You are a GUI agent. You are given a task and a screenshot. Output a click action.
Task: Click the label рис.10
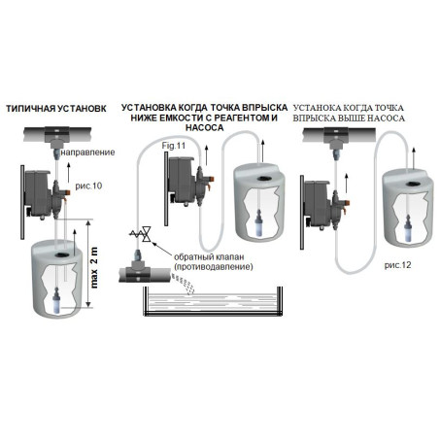tap(88, 186)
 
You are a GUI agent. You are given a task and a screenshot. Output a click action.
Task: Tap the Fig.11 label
tap(174, 146)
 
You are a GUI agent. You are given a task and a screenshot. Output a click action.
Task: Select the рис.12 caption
tap(397, 265)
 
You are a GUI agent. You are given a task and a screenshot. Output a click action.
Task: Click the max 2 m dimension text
tap(94, 267)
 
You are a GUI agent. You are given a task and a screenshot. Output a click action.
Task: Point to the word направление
tap(87, 152)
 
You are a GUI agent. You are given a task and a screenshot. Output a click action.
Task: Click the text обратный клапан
tap(209, 257)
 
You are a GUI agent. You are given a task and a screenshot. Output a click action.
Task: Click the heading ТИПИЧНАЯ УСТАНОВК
tap(56, 109)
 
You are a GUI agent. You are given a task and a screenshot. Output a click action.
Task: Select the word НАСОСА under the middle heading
tap(204, 128)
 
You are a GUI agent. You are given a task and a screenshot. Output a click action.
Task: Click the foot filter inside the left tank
tap(56, 300)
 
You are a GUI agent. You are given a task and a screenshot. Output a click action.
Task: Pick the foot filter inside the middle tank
tap(258, 221)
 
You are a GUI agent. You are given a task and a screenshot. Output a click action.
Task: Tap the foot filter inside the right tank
tap(408, 229)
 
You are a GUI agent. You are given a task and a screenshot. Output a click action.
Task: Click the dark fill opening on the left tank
tap(60, 254)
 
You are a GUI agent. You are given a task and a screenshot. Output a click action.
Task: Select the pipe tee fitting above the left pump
tap(57, 135)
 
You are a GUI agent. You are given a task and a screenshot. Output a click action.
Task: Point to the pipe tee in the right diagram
tap(336, 137)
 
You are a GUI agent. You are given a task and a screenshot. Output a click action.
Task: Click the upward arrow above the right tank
tap(414, 157)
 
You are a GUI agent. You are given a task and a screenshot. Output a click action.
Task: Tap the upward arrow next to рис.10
tap(68, 173)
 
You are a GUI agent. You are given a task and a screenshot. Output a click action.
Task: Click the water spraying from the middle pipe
tap(184, 284)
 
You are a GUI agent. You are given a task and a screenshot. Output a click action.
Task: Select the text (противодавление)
tap(214, 267)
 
